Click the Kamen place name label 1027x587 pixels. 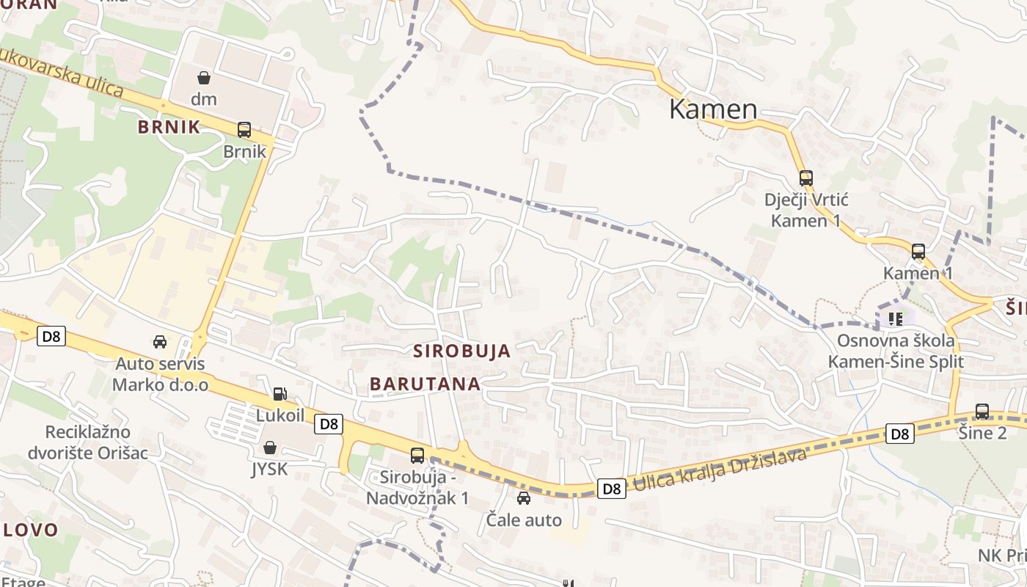tap(712, 109)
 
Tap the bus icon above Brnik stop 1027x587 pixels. tap(244, 130)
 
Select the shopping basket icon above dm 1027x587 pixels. tap(203, 77)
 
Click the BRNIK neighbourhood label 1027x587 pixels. tap(169, 127)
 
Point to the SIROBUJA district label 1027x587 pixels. tap(461, 351)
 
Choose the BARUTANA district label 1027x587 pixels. tap(425, 384)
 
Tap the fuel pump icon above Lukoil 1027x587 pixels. tap(279, 394)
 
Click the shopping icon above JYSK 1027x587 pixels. tap(270, 448)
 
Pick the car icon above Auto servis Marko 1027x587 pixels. tap(159, 341)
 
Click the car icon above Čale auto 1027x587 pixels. tap(524, 499)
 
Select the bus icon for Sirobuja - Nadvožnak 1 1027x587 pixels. tap(417, 455)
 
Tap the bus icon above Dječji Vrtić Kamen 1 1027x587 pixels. tap(806, 178)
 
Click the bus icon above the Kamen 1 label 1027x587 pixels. tap(918, 252)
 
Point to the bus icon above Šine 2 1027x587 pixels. tap(982, 412)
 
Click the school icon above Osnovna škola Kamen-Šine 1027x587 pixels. tap(895, 318)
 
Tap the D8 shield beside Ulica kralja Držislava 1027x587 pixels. tap(611, 489)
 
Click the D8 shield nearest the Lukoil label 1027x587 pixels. tap(329, 423)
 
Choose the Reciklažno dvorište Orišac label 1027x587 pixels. tap(87, 442)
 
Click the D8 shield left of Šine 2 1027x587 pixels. tap(900, 434)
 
